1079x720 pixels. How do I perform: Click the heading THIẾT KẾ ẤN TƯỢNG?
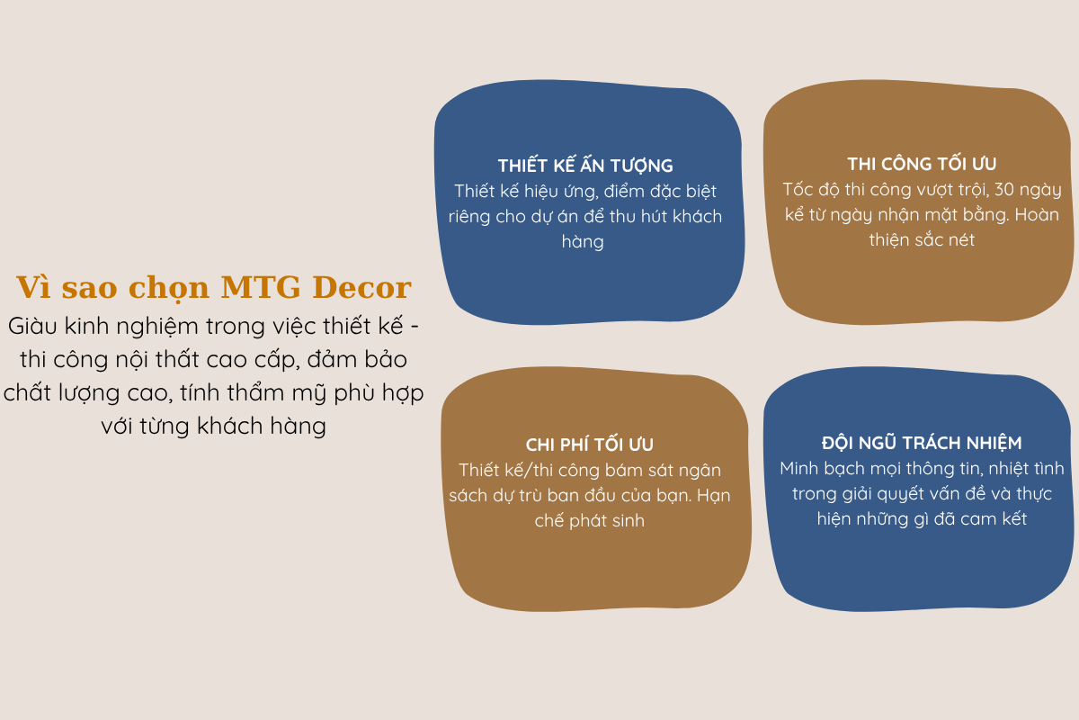pyautogui.click(x=585, y=165)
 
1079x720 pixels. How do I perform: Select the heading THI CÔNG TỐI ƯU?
pyautogui.click(x=922, y=163)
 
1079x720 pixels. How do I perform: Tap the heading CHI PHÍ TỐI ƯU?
pyautogui.click(x=590, y=445)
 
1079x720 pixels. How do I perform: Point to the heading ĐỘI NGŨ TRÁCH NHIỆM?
pyautogui.click(x=922, y=442)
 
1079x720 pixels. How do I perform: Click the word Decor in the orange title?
pyautogui.click(x=361, y=287)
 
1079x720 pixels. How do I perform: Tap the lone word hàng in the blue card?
pyautogui.click(x=583, y=241)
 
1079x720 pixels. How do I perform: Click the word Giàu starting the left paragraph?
pyautogui.click(x=32, y=326)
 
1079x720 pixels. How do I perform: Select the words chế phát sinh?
pyautogui.click(x=590, y=520)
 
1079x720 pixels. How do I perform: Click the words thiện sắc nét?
pyautogui.click(x=922, y=239)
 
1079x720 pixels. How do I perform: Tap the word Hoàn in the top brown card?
pyautogui.click(x=1037, y=214)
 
